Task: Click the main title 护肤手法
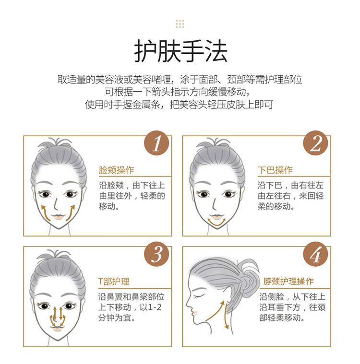coord(180,51)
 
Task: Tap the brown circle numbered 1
coord(156,143)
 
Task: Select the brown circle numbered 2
coord(316,143)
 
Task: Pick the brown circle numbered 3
coord(156,254)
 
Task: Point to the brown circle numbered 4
coord(316,254)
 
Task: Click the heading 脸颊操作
coord(117,170)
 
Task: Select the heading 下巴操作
coord(275,170)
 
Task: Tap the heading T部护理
coord(114,282)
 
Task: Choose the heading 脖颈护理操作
coord(288,282)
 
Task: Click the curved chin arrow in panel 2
coord(216,224)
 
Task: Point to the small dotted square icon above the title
coord(180,24)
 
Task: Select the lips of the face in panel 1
coord(58,217)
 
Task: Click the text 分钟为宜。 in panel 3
coord(117,317)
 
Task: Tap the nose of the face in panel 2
coord(214,204)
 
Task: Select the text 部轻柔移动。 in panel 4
coord(282,317)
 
